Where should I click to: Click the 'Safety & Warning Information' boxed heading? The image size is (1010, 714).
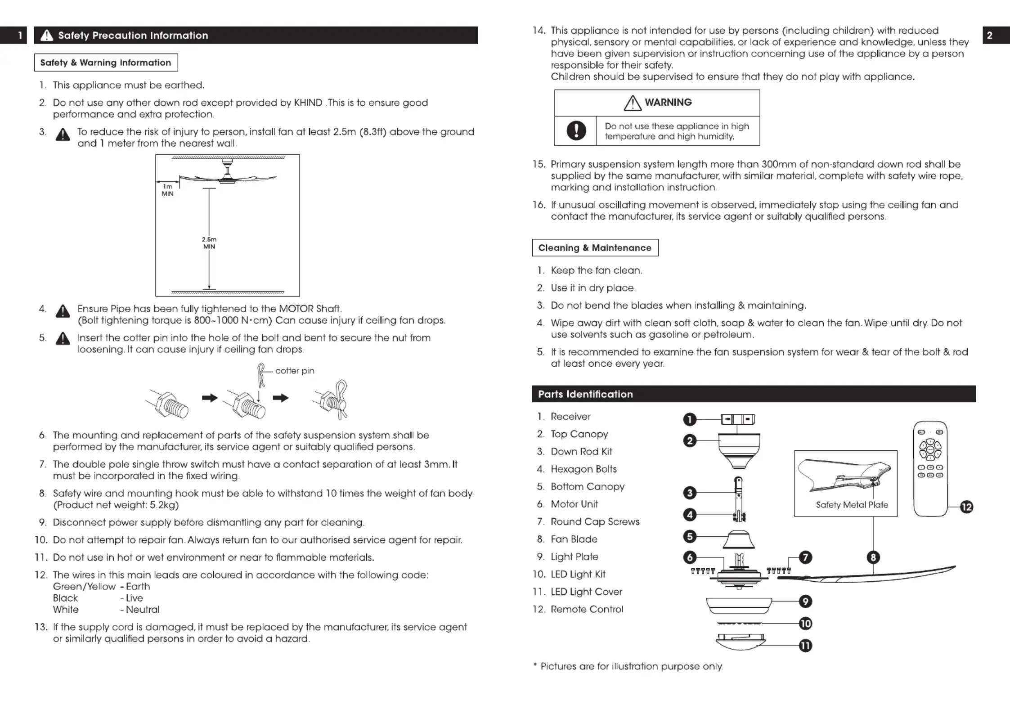[106, 63]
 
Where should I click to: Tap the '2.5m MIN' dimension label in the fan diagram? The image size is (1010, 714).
[209, 243]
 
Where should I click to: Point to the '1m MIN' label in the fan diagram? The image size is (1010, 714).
[167, 190]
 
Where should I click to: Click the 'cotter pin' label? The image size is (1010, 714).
[295, 371]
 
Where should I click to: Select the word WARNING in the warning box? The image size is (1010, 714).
[668, 103]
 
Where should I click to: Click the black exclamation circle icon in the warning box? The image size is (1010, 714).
[576, 130]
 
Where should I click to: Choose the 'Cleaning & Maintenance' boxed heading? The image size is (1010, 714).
[595, 248]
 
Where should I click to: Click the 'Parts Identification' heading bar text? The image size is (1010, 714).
[585, 394]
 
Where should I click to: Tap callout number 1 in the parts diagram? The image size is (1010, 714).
[689, 419]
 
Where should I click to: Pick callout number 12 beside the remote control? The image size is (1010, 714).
[966, 507]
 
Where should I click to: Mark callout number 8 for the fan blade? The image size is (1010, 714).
[873, 557]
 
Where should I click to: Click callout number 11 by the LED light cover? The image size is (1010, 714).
[805, 646]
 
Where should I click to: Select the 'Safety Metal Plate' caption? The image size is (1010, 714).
[852, 505]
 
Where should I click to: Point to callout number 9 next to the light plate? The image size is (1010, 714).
[805, 602]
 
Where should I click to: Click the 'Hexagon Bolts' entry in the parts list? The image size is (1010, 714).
[584, 469]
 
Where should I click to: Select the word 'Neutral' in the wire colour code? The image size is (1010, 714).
[143, 610]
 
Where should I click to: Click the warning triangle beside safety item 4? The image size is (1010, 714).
[63, 311]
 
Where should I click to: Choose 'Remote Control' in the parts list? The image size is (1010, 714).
[587, 609]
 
